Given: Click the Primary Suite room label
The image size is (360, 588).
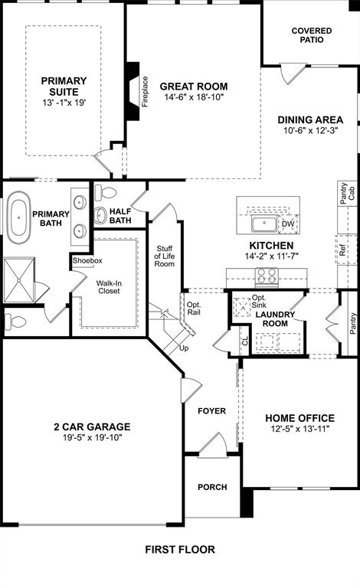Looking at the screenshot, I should [64, 87].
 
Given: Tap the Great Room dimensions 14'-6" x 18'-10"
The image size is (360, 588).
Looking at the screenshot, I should [193, 99].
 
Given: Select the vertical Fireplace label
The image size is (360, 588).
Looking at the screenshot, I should [145, 91].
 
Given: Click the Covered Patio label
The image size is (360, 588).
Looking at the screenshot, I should [312, 35].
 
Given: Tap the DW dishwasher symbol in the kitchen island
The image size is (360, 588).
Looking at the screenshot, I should [289, 224].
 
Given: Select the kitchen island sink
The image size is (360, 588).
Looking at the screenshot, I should [265, 224].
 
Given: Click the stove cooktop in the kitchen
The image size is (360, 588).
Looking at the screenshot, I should [266, 276].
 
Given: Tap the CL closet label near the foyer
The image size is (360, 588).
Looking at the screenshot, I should [245, 342].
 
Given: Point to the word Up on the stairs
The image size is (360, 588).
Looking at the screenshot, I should [184, 348].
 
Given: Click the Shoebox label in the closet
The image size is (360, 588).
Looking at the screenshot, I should [87, 260].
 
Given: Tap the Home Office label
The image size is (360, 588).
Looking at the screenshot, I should [299, 418].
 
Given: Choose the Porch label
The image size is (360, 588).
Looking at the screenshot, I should [212, 487].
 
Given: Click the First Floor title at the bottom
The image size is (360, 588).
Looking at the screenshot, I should [180, 549].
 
